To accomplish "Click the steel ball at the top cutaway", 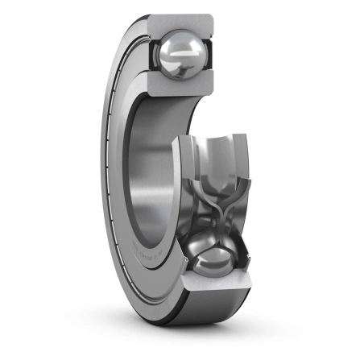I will coord(183,55).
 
